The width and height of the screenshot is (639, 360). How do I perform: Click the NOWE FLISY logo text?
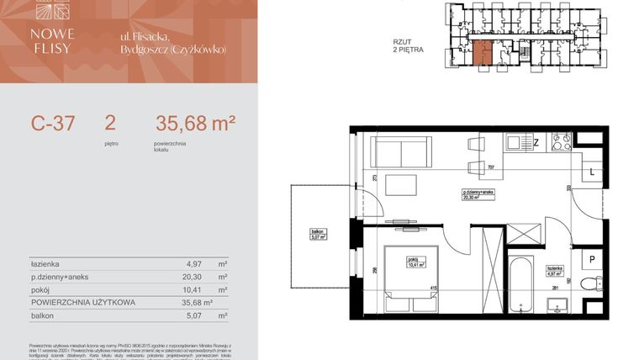click(53, 41)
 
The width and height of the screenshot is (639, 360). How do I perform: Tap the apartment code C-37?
click(53, 124)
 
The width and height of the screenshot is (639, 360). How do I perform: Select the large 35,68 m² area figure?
click(195, 124)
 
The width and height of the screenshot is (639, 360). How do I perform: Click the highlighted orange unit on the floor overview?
click(480, 52)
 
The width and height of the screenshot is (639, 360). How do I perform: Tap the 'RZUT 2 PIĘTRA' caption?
click(408, 45)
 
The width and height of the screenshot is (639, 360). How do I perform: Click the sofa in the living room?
click(401, 153)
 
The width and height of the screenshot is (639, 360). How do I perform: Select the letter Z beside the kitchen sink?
click(535, 143)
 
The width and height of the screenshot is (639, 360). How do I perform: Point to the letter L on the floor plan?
click(592, 172)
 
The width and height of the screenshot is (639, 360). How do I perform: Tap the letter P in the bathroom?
click(592, 259)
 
